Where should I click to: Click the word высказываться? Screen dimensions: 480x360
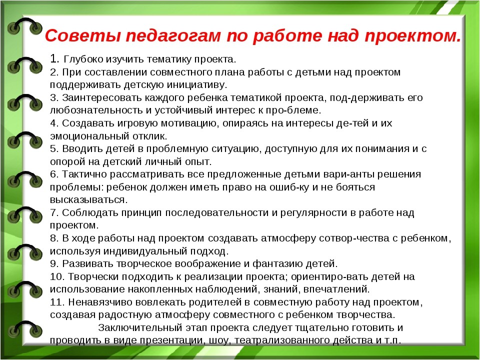(89, 200)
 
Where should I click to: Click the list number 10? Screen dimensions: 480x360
(57, 276)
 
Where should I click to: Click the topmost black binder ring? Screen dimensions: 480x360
(25, 26)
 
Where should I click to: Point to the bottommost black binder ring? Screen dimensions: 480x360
(25, 329)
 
